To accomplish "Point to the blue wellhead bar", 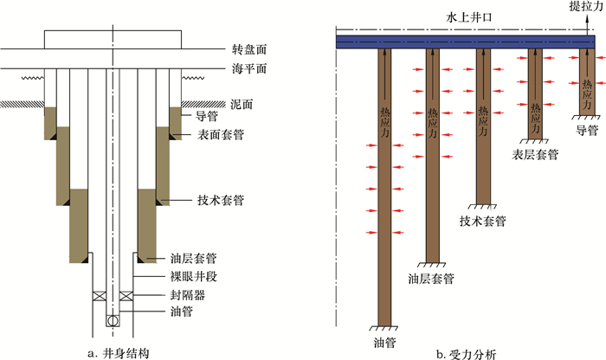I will [x=467, y=41].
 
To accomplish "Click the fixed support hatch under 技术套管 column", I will [x=482, y=207].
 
